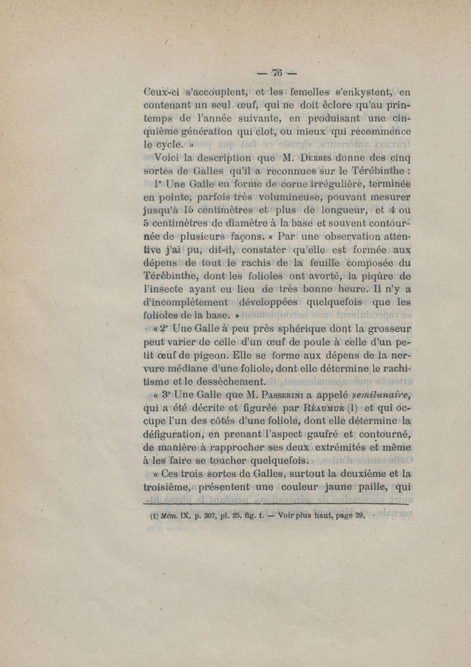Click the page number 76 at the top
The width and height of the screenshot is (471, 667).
pos(277,74)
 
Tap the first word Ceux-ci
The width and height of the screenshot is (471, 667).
pos(168,92)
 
